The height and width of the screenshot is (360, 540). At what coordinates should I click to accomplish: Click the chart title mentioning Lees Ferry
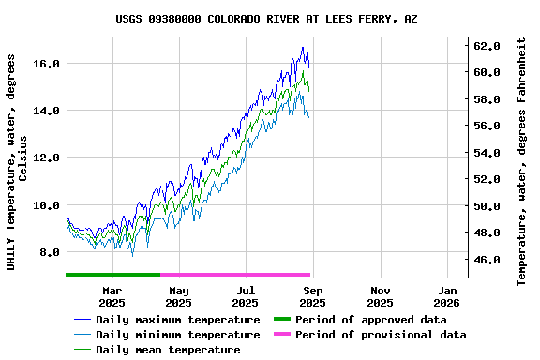[267, 19]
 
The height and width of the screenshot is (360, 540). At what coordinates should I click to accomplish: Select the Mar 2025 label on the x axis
[112, 296]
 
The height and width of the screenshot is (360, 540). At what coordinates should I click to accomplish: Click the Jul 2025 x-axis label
[246, 296]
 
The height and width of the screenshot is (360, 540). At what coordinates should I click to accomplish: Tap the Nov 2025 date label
[380, 296]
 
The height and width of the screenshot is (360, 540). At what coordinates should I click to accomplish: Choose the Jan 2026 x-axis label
[446, 296]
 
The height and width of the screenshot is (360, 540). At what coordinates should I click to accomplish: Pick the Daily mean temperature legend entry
[168, 350]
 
